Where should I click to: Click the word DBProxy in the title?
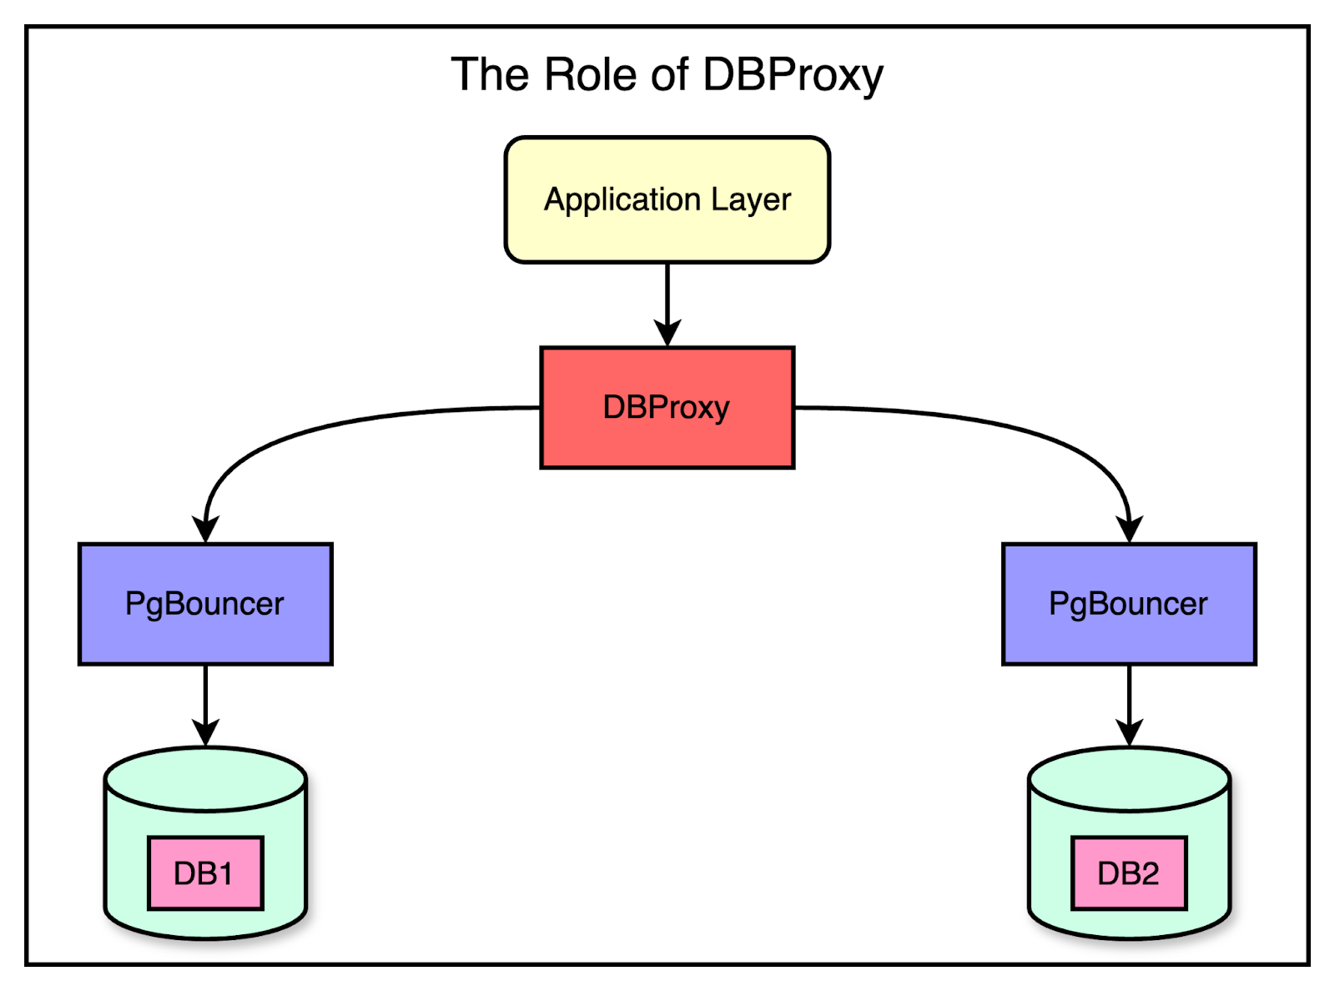(x=792, y=76)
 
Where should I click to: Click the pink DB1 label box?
(x=205, y=873)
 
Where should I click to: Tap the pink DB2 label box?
(x=1128, y=873)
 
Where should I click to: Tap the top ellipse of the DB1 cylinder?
(x=205, y=777)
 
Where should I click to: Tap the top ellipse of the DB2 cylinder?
(x=1129, y=777)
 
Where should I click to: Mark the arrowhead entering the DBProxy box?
(x=667, y=334)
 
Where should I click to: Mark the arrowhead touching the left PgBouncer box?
(x=205, y=529)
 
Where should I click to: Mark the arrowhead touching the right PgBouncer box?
(x=1129, y=529)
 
